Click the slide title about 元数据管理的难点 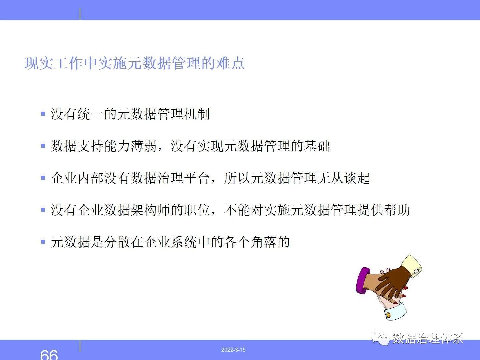[134, 63]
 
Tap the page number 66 [49, 355]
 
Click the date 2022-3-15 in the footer [233, 350]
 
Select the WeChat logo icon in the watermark [380, 338]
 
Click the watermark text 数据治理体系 [428, 338]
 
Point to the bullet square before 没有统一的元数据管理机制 [43, 114]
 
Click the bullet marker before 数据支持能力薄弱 [43, 146]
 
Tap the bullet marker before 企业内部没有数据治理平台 [43, 178]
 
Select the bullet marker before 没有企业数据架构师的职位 [43, 210]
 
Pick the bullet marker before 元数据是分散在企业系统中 [43, 242]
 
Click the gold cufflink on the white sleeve [388, 315]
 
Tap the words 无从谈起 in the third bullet [344, 178]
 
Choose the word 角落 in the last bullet [264, 242]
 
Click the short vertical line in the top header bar [80, 14]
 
